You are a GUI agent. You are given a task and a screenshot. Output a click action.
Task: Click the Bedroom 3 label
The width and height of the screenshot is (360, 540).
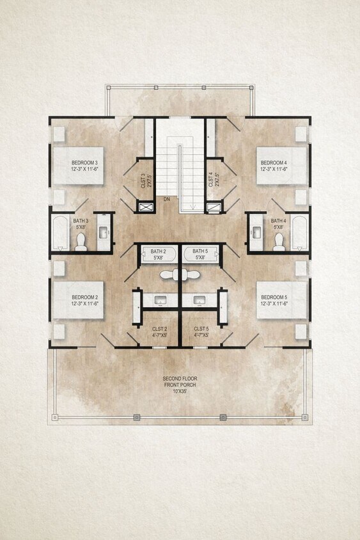[84, 163]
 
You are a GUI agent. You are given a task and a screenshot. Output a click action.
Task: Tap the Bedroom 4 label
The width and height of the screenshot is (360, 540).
[273, 163]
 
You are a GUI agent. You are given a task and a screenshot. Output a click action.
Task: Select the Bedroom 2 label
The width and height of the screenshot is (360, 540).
[84, 297]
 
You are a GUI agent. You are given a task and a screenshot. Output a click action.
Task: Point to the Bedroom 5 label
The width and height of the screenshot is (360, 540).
[273, 297]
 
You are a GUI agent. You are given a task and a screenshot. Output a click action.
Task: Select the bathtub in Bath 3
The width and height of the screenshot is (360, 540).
[61, 233]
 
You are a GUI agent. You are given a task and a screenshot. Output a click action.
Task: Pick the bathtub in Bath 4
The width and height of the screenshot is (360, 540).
[299, 233]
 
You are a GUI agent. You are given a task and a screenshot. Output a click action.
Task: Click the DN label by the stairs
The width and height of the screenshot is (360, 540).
[166, 199]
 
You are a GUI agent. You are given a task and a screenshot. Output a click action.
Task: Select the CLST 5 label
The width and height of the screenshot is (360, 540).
[202, 328]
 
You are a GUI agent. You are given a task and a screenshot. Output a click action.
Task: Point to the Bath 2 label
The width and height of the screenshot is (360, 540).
[158, 251]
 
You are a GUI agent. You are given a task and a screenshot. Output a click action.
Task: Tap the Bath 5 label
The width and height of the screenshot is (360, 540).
[200, 251]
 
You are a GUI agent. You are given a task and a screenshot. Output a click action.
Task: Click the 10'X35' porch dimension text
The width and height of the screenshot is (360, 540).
[180, 391]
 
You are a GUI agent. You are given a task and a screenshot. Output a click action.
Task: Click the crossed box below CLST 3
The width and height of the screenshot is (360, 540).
[146, 207]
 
